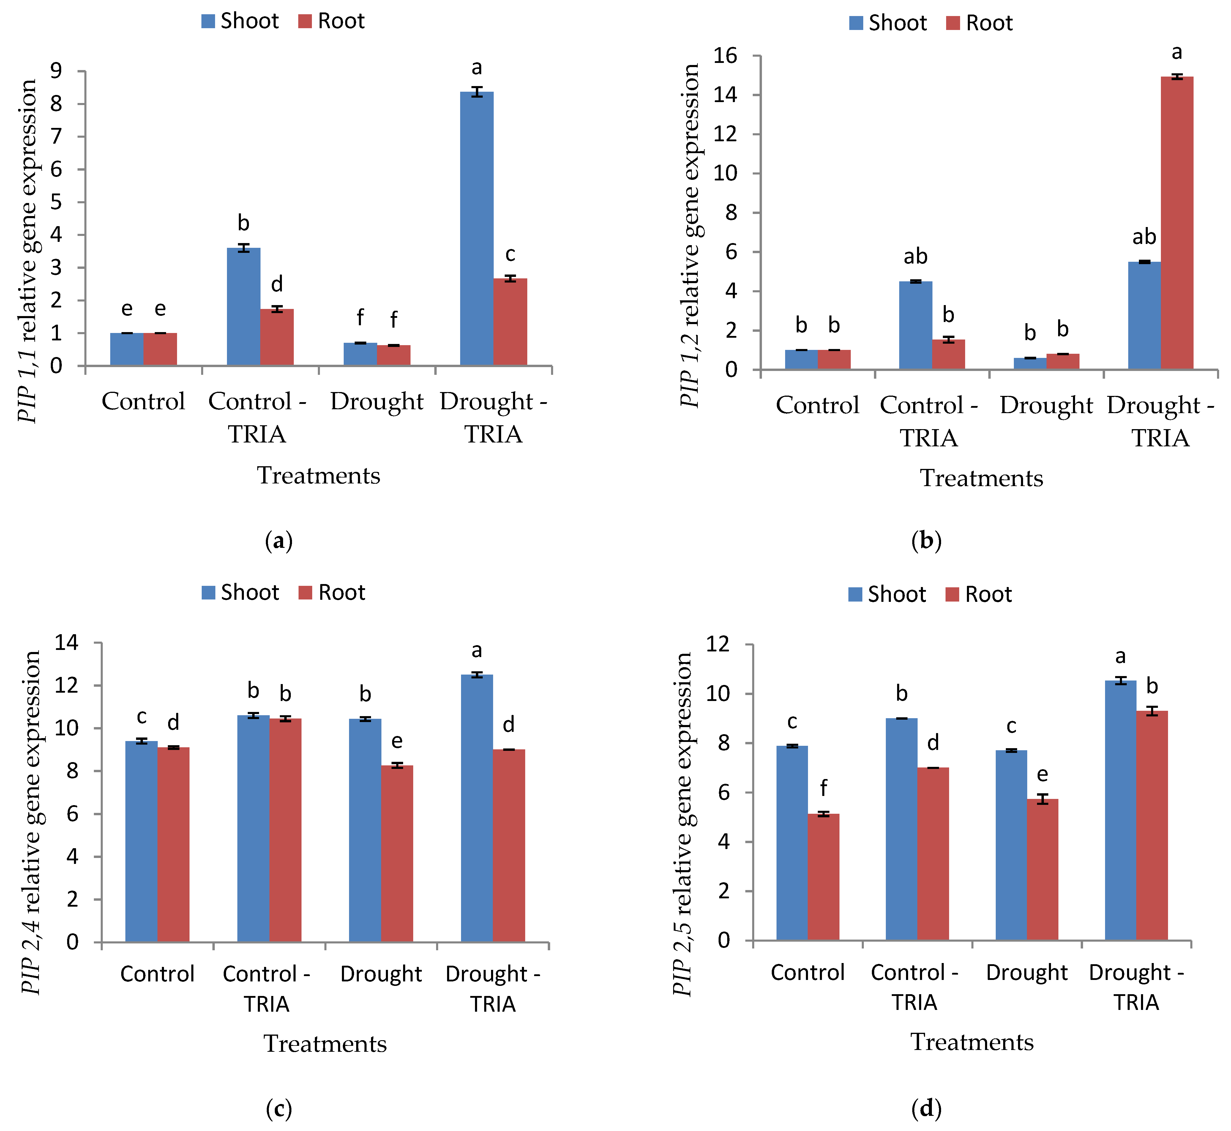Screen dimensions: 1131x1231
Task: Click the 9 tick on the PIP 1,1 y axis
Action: (x=56, y=71)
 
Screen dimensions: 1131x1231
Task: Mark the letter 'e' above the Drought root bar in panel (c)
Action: (x=397, y=741)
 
